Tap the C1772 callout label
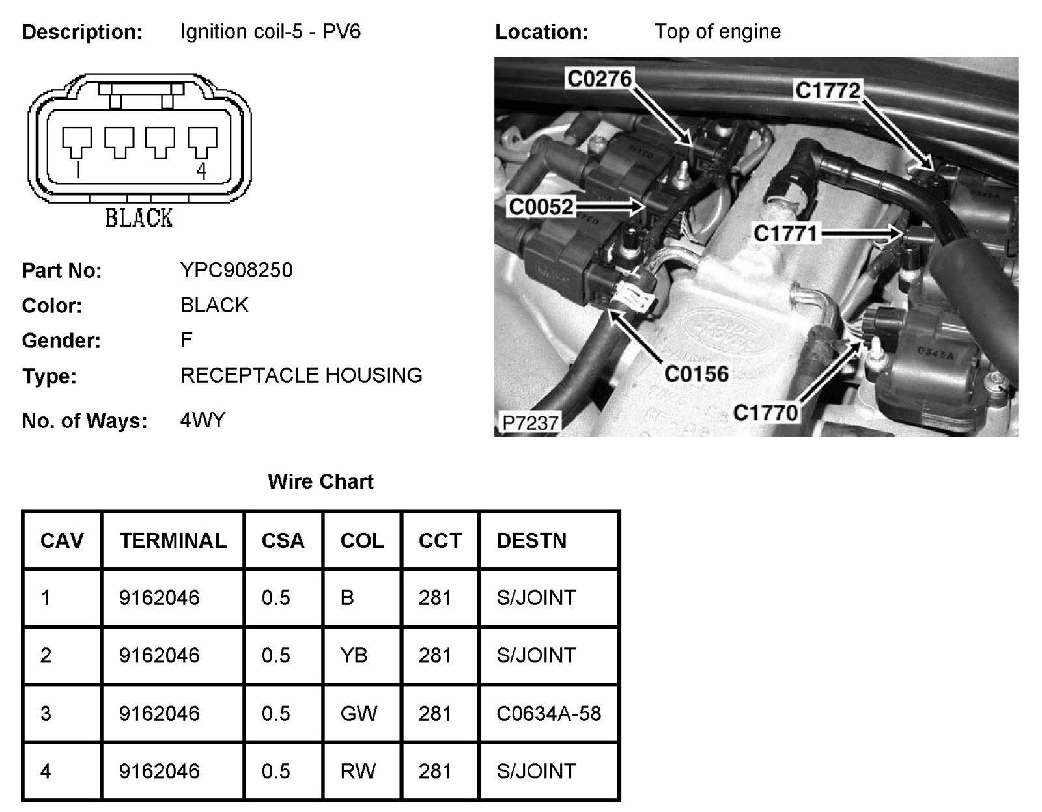tap(828, 90)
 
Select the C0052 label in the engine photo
tap(541, 207)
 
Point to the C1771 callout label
tap(785, 233)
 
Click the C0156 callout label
tap(696, 373)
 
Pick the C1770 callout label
tap(765, 413)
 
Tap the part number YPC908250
tap(236, 270)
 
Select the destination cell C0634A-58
tap(548, 714)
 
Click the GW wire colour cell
tap(359, 714)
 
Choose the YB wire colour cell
tap(354, 655)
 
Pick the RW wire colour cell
tap(358, 771)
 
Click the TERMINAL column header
tap(173, 541)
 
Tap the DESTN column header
tap(531, 541)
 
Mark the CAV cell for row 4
tap(46, 771)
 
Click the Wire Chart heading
tap(320, 481)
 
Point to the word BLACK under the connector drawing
tap(139, 218)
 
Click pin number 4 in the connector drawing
tap(202, 170)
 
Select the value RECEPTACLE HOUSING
tap(301, 375)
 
